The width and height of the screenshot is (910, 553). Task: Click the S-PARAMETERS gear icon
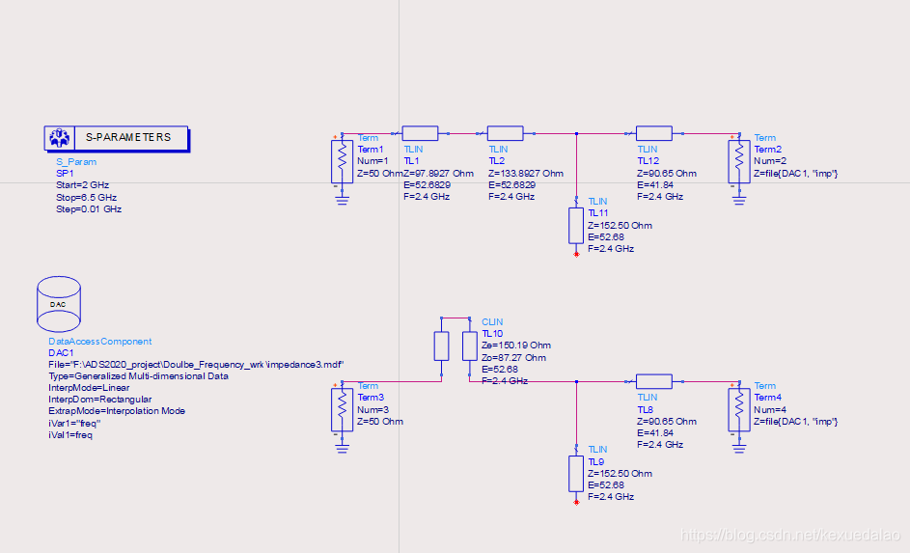pos(59,138)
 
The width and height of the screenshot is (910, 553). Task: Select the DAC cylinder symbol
pos(57,300)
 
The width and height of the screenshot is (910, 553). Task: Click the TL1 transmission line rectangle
pos(420,133)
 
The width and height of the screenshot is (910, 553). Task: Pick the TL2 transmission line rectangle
pos(505,133)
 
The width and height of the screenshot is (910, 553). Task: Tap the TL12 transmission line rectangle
pos(653,133)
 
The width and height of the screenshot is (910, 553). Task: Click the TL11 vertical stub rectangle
pos(576,224)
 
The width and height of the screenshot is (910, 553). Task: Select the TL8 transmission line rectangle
pos(653,381)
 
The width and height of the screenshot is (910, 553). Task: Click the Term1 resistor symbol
pos(341,161)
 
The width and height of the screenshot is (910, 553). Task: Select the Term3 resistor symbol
pos(341,410)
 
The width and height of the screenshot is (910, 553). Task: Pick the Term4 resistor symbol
pos(738,410)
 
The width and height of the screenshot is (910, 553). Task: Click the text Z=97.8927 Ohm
pos(439,173)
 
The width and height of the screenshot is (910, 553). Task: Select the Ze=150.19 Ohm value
pos(516,346)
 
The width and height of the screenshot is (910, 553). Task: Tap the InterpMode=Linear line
pos(88,387)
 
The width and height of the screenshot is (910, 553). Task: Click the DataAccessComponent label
pos(99,341)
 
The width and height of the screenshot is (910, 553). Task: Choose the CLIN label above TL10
pos(492,322)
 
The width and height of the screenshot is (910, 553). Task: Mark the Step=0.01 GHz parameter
pos(89,208)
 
